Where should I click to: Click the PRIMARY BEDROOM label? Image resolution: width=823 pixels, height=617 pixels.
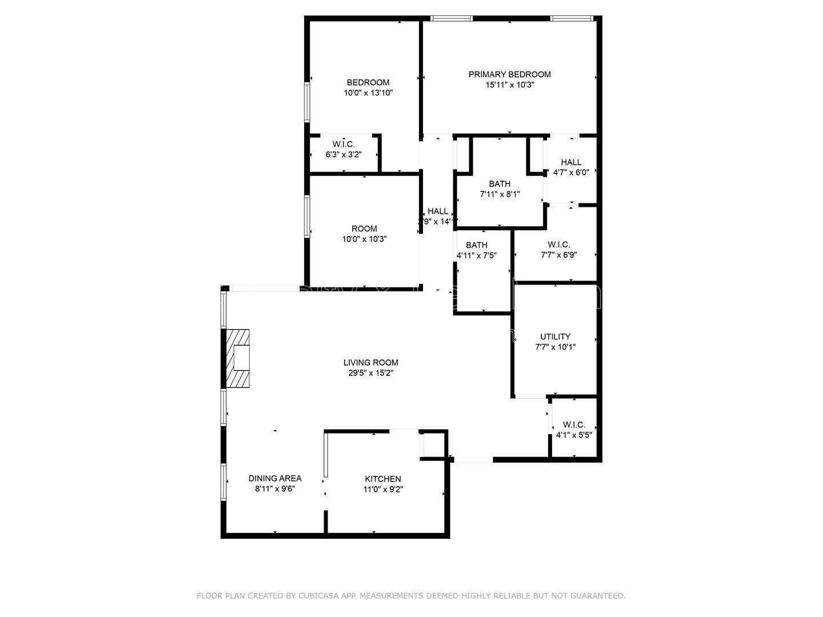pyautogui.click(x=509, y=74)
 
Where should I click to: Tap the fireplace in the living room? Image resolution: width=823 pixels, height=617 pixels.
pyautogui.click(x=237, y=359)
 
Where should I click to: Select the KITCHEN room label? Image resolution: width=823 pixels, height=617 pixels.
pyautogui.click(x=383, y=479)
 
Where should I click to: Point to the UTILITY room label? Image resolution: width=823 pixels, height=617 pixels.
pyautogui.click(x=555, y=336)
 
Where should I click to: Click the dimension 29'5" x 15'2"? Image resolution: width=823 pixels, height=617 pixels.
pyautogui.click(x=370, y=373)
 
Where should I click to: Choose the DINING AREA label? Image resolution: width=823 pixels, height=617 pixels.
pyautogui.click(x=274, y=478)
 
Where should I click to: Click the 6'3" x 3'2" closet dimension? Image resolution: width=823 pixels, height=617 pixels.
pyautogui.click(x=343, y=154)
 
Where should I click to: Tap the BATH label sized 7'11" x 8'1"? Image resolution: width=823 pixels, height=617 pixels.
pyautogui.click(x=500, y=184)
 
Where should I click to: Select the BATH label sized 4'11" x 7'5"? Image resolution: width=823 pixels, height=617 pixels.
pyautogui.click(x=476, y=245)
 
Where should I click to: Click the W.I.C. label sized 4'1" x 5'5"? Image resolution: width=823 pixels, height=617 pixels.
pyautogui.click(x=574, y=424)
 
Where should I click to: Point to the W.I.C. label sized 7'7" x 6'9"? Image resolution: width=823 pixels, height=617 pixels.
pyautogui.click(x=558, y=245)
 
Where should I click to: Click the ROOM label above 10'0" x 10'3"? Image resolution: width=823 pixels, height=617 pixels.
pyautogui.click(x=364, y=229)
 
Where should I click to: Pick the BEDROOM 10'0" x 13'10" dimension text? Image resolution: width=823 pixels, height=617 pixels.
pyautogui.click(x=368, y=93)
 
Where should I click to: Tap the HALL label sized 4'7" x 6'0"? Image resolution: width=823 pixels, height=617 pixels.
pyautogui.click(x=571, y=162)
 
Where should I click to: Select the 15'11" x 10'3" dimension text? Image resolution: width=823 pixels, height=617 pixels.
pyautogui.click(x=510, y=85)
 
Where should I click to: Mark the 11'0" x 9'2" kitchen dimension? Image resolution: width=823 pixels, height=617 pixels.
pyautogui.click(x=383, y=489)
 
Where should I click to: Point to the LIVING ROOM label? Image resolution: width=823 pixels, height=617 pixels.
pyautogui.click(x=370, y=362)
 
